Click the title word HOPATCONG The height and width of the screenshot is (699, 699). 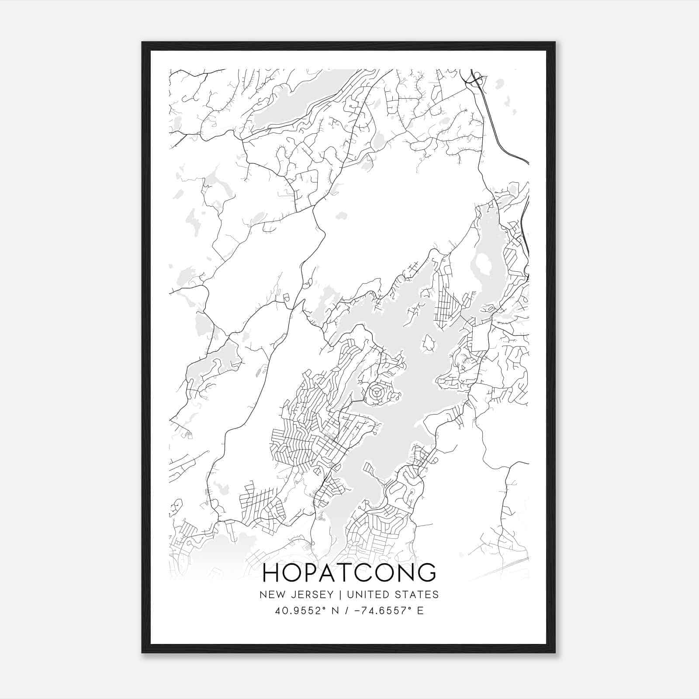tap(349, 573)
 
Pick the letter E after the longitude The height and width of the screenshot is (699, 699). tap(420, 610)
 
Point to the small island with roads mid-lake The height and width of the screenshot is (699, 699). tap(428, 343)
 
